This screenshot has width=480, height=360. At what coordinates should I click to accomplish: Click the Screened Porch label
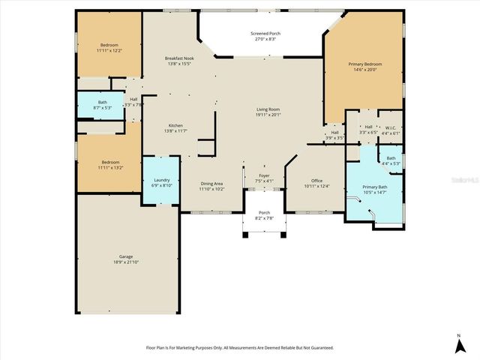265,34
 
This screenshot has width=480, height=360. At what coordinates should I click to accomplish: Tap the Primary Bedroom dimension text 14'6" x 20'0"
365,70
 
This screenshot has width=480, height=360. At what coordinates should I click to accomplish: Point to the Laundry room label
162,180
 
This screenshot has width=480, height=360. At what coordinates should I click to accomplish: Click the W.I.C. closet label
391,127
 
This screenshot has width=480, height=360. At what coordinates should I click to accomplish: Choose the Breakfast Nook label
179,58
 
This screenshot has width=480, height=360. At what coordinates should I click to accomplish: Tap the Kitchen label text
175,125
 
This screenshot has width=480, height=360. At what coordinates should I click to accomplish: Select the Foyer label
265,175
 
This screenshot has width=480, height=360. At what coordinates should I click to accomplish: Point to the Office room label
317,180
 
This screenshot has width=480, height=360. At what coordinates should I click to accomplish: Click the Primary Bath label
374,187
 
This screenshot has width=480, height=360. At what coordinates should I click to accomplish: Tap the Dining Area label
211,183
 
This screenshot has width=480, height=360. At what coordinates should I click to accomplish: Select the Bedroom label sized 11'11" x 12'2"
109,45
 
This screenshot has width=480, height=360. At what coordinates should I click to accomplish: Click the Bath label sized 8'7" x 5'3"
102,102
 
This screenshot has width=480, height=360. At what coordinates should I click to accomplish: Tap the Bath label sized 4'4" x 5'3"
391,158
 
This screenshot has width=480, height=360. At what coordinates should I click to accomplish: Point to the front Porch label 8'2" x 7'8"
265,213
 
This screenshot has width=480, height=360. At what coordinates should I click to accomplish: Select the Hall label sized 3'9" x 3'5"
334,133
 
